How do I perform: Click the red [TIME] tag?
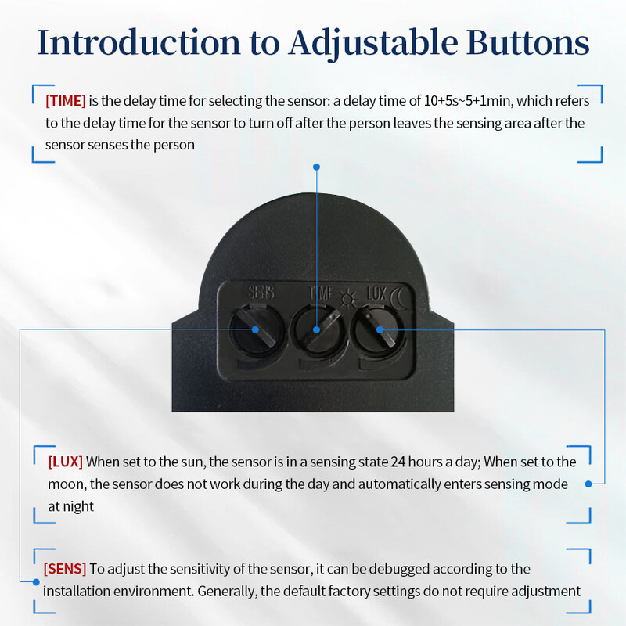[x=66, y=101]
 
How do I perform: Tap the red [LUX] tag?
[x=66, y=462]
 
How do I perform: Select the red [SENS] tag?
[x=65, y=569]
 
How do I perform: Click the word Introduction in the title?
[x=139, y=42]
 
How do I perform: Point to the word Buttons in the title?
[x=527, y=42]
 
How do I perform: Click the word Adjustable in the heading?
[x=373, y=44]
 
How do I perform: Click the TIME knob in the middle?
[x=318, y=331]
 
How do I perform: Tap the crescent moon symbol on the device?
[x=398, y=298]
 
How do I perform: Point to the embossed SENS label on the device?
[x=261, y=292]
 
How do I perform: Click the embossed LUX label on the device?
[x=376, y=294]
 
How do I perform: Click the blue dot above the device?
[x=317, y=167]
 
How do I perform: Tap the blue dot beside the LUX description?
[x=588, y=484]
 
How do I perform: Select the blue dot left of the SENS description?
[x=36, y=582]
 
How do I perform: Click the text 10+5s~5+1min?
[x=467, y=101]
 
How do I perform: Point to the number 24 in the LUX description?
[x=398, y=462]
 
